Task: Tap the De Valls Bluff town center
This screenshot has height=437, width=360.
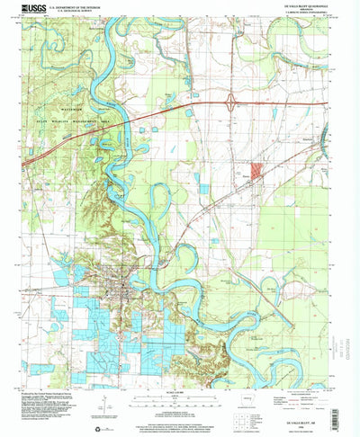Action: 118,290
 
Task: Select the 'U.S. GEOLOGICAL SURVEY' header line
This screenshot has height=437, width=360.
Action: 82,11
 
